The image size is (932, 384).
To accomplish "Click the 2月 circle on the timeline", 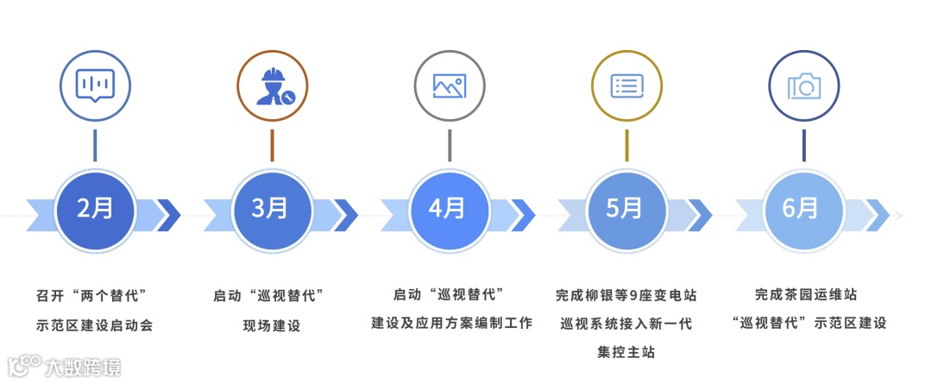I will pos(94,210).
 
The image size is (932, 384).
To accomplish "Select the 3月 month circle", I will pos(272,210).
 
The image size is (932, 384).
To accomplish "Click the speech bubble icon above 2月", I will pos(94,85).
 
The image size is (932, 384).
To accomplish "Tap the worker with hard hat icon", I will pos(272,85).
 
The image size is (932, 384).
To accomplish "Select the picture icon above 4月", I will pos(449,85).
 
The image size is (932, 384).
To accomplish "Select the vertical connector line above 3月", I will pos(272,145).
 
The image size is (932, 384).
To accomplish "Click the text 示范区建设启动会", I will pos(94,325).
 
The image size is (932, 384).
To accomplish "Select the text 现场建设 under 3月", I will pos(272,325).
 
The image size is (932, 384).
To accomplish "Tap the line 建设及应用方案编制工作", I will pos(449,324).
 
